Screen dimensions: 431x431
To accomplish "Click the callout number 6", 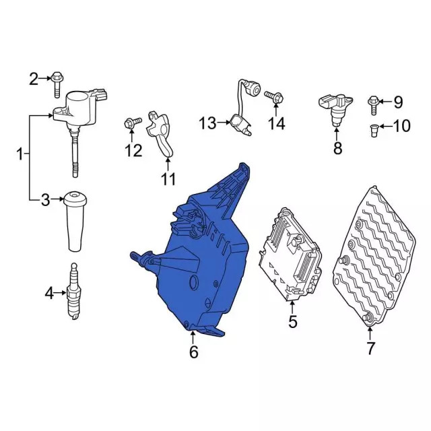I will tap(193, 352).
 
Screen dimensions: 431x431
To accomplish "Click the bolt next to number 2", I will tap(57, 82).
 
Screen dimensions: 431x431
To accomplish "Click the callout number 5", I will tap(292, 322).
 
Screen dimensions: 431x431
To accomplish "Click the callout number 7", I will tap(370, 349).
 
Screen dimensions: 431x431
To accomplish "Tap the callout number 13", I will tap(207, 123).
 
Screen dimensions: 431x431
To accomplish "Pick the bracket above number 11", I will tap(163, 135).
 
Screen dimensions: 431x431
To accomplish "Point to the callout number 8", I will tap(337, 147).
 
